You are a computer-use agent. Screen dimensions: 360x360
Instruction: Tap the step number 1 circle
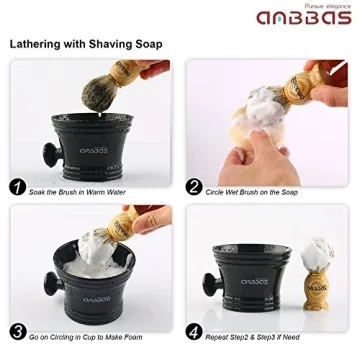[x=18, y=186]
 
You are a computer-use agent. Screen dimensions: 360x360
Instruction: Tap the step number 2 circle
[x=194, y=186]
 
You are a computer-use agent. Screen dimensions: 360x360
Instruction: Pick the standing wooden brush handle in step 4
[x=320, y=295]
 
